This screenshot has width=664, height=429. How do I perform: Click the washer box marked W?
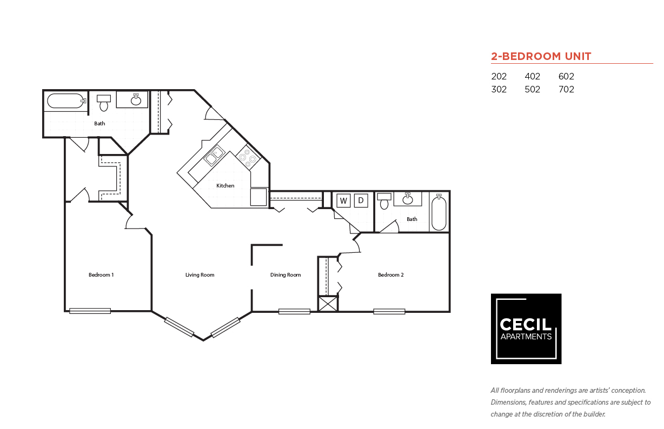click(343, 200)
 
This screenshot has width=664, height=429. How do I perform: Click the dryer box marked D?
click(361, 200)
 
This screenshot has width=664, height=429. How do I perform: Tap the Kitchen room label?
click(225, 186)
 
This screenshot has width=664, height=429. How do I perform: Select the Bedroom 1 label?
click(101, 275)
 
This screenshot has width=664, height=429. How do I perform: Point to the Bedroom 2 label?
click(391, 275)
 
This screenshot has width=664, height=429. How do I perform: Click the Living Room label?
click(200, 275)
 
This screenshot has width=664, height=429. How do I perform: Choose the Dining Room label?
click(285, 275)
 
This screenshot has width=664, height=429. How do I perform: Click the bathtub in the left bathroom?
click(66, 101)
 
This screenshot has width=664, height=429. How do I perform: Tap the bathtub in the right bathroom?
click(439, 212)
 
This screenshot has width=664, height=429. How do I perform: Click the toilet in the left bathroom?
click(104, 103)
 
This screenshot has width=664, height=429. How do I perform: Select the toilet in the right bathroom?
click(384, 201)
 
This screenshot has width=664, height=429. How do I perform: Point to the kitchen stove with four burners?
click(248, 157)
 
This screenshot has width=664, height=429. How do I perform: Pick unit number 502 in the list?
click(533, 89)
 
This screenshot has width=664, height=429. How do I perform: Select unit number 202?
click(499, 76)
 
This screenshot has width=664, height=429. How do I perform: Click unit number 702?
click(566, 89)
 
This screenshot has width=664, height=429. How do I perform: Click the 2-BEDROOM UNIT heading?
click(541, 56)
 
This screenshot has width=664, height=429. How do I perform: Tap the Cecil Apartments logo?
click(526, 329)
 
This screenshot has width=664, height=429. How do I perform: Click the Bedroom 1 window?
click(90, 311)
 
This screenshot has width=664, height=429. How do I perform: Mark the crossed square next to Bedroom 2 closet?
click(328, 304)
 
